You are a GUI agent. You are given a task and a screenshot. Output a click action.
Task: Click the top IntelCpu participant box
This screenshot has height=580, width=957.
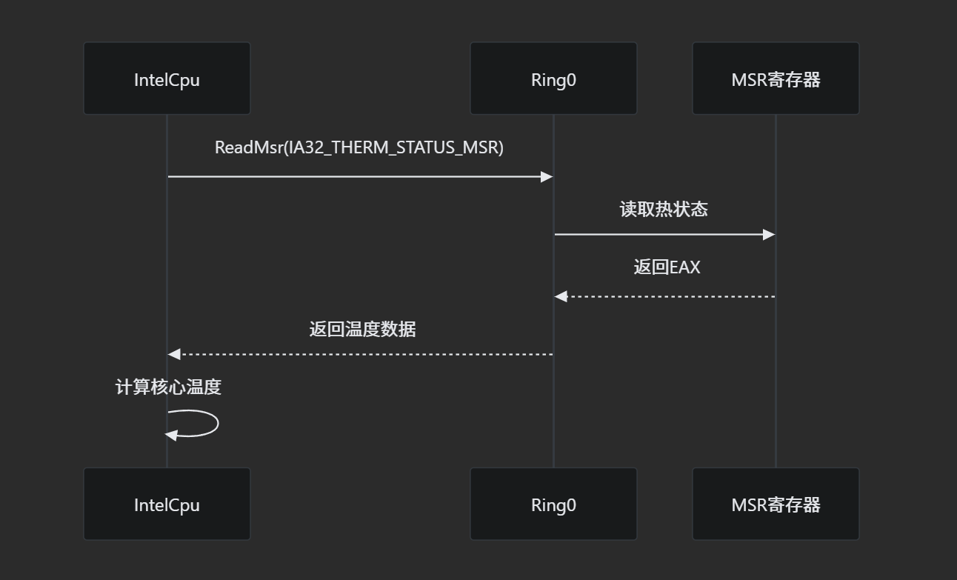(167, 79)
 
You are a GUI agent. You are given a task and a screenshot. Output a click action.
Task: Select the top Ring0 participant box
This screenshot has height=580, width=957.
(553, 79)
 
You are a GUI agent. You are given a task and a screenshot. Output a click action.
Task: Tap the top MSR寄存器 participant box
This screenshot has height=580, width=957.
(776, 79)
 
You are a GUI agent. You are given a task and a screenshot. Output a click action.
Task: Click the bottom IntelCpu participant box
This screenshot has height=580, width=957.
(167, 504)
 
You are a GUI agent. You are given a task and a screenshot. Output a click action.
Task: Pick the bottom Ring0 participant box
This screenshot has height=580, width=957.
(553, 504)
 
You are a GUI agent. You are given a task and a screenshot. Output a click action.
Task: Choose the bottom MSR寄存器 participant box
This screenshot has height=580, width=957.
(776, 504)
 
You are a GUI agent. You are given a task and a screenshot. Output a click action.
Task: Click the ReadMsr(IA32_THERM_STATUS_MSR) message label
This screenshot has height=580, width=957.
(359, 147)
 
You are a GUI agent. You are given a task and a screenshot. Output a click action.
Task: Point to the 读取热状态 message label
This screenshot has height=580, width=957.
(664, 210)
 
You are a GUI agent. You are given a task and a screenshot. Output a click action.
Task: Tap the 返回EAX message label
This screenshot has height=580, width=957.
(667, 267)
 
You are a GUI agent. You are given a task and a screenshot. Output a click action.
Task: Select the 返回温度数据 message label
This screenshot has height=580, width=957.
(362, 329)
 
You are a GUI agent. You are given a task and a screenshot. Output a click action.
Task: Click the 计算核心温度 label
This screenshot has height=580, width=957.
(168, 387)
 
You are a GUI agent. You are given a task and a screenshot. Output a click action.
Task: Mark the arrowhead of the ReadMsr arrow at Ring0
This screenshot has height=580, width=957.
(547, 176)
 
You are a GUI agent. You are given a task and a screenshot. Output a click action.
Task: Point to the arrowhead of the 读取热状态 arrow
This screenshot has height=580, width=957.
(769, 234)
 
